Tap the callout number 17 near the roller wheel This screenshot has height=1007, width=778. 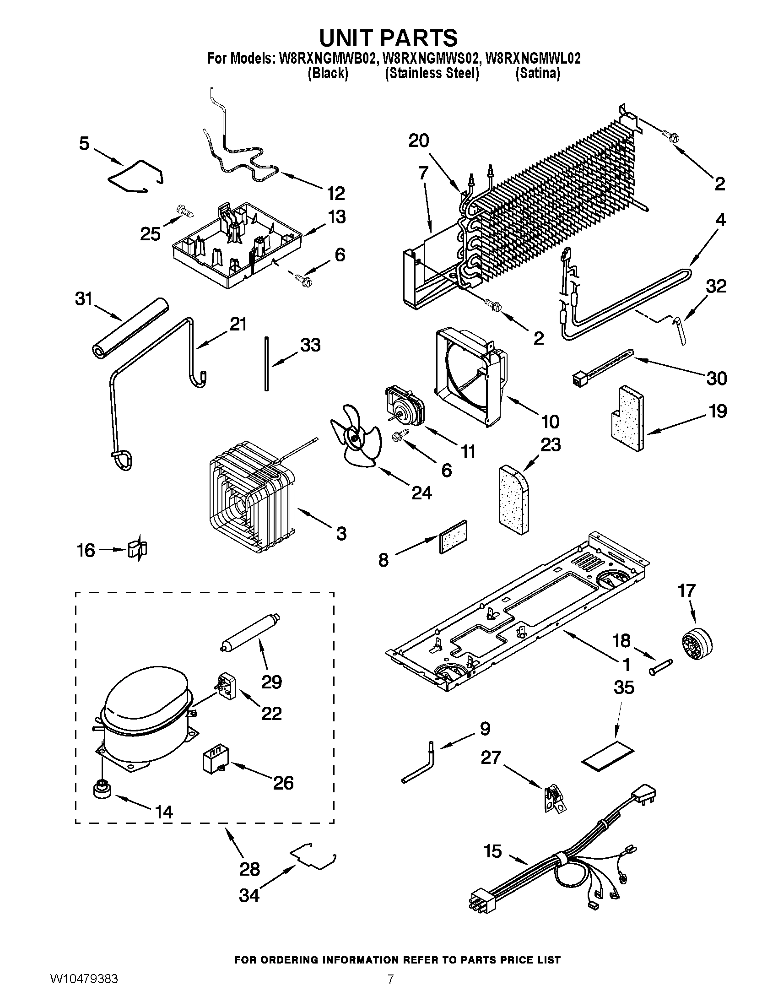pyautogui.click(x=686, y=590)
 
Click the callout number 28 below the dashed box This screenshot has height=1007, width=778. pyautogui.click(x=250, y=869)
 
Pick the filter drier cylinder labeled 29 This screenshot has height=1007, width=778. pyautogui.click(x=249, y=631)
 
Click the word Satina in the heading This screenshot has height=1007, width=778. pyautogui.click(x=537, y=73)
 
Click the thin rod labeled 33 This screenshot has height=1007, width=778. pyautogui.click(x=266, y=364)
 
